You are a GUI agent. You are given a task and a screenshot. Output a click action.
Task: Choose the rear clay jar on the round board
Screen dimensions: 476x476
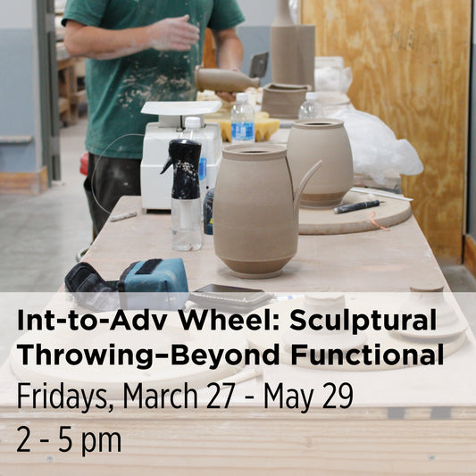(x=320, y=162)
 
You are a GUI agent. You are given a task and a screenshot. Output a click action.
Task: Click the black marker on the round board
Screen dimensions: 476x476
(x=358, y=206)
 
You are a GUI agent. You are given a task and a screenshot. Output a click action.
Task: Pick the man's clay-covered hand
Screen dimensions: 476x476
(x=174, y=33)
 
